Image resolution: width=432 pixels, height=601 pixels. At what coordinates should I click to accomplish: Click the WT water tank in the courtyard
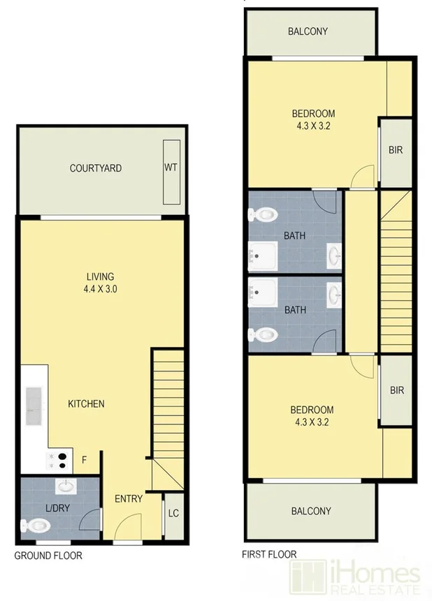pos(171,168)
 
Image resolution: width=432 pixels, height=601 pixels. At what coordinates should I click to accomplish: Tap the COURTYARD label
pos(96,168)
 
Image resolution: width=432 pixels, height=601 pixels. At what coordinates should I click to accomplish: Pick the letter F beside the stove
pos(85,460)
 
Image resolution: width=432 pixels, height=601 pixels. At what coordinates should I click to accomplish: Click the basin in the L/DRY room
pos(65,486)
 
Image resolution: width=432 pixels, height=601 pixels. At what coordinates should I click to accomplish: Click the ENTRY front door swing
pos(128,525)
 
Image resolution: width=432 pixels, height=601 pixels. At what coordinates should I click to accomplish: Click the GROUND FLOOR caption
pos(49,556)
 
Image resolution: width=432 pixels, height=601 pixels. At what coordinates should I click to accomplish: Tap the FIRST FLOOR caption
pos(269,555)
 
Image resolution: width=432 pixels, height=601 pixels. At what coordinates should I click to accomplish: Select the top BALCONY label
pos(308,31)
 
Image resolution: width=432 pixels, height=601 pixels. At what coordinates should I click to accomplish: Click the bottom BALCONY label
pos(311,511)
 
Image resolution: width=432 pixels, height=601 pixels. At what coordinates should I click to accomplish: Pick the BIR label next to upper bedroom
pos(396,150)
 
